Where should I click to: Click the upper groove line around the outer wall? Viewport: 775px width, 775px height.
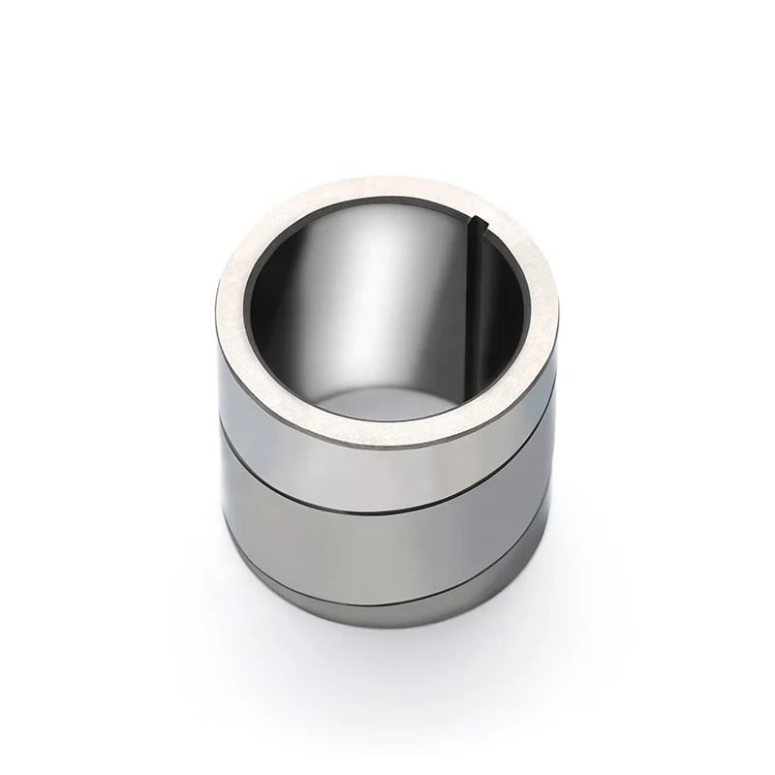tap(387, 495)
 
